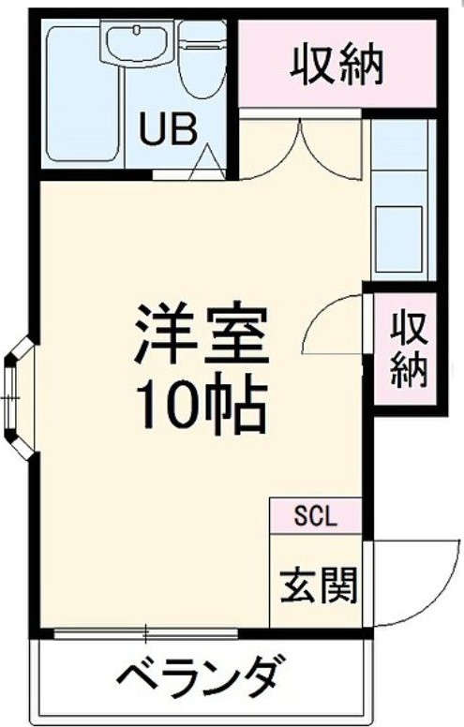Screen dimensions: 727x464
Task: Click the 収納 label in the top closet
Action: pos(337,65)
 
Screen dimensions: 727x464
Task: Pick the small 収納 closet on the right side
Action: pos(409,349)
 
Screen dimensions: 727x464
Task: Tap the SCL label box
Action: pos(315,515)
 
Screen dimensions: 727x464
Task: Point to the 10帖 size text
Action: pos(202,406)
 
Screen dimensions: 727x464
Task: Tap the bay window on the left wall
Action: pos(16,400)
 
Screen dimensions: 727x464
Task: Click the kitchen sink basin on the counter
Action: pos(399,229)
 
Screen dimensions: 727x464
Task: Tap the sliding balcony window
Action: pos(146,632)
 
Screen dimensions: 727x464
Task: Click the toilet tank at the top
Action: pos(203,36)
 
